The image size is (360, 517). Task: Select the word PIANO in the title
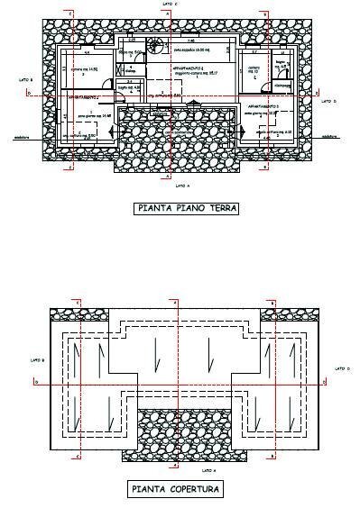click(x=189, y=209)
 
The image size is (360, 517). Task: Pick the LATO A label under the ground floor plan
click(x=181, y=185)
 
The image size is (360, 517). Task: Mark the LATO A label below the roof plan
click(x=208, y=470)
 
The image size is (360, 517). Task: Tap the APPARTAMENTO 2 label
click(x=82, y=95)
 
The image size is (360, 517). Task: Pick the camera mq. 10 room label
click(x=254, y=69)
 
